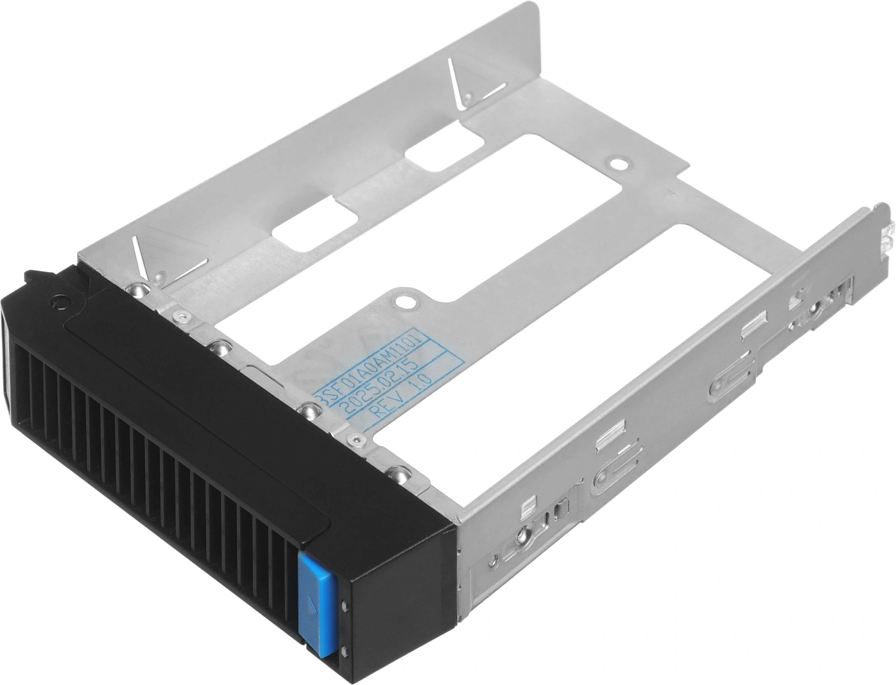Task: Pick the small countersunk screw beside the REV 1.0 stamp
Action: point(357,440)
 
